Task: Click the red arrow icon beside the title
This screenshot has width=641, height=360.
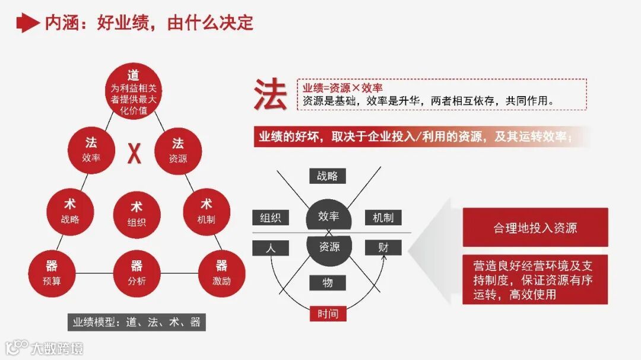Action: (27, 23)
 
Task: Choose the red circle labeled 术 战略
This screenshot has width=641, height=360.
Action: (70, 211)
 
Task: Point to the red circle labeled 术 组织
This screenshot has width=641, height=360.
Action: (137, 214)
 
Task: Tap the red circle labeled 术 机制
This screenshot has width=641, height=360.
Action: (206, 211)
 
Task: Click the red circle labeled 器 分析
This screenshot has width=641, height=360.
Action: (137, 273)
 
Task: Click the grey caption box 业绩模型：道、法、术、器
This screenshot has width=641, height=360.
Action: (137, 323)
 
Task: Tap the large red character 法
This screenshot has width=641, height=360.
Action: (271, 95)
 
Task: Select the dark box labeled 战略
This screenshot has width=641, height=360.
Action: (327, 176)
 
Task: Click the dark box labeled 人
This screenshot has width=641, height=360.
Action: (271, 248)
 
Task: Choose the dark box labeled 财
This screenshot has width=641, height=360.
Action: (383, 248)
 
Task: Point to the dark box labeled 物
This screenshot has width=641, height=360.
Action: (327, 283)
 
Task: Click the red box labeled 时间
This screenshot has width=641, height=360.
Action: (328, 313)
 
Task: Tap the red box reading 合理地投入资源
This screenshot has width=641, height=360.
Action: (535, 228)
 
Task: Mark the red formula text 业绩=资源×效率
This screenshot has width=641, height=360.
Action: (342, 88)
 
